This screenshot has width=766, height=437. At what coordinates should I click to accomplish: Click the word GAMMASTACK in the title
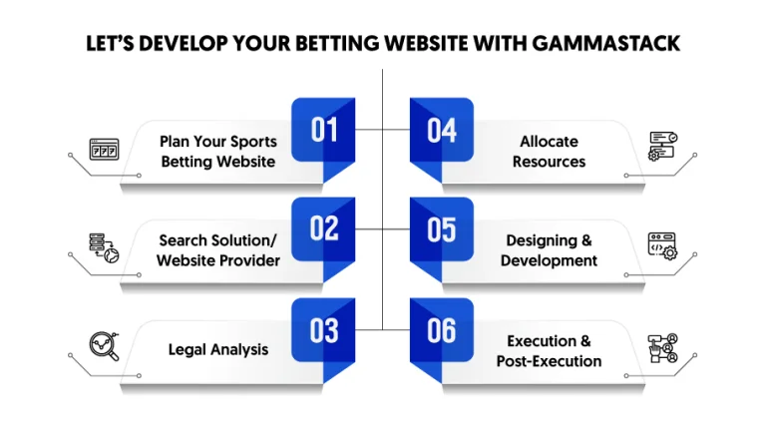605,44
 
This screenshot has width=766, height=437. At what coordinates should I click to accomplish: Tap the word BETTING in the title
337,44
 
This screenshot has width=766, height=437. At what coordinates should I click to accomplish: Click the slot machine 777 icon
104,149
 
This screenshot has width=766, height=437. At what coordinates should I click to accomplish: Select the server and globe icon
104,247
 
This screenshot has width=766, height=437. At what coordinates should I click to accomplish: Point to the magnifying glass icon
105,346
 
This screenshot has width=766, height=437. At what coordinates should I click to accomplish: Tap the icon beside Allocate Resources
663,146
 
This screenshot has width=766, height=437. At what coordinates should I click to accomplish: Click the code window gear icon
662,245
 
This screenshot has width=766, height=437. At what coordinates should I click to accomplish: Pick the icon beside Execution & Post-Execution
663,348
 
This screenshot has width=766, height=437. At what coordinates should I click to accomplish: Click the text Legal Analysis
218,350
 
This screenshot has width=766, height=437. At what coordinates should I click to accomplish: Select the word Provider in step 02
250,260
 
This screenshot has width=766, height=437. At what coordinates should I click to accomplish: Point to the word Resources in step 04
550,162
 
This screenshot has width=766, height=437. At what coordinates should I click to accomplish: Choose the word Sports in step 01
253,142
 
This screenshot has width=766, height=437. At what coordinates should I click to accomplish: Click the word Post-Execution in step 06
550,361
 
